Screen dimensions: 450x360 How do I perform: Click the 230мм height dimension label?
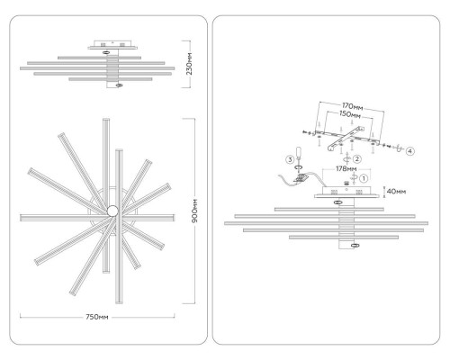click(x=189, y=64)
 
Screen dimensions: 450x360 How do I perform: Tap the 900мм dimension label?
click(x=194, y=211)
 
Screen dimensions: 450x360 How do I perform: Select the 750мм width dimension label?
click(x=97, y=317)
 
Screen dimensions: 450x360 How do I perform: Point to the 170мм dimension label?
click(x=353, y=106)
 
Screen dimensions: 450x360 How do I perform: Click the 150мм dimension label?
click(x=350, y=114)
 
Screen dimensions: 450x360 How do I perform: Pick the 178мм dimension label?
click(x=346, y=169)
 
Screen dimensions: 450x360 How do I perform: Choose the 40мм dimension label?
click(x=396, y=191)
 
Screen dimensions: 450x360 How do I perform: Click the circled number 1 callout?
click(x=364, y=178)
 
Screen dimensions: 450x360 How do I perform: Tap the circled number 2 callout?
click(x=357, y=159)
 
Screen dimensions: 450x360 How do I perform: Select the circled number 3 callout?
click(x=290, y=159)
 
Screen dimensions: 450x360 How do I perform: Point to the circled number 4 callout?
click(x=410, y=151)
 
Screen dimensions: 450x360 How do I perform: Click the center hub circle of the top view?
click(x=112, y=211)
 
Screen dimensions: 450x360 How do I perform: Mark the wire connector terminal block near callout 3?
click(x=301, y=178)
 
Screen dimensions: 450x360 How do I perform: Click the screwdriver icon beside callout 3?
click(x=299, y=153)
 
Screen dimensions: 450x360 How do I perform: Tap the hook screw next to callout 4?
click(x=399, y=148)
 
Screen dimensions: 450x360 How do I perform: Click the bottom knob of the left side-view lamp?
click(x=119, y=85)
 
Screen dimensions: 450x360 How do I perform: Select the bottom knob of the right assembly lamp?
click(x=355, y=246)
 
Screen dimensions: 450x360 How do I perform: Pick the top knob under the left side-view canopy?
click(x=105, y=52)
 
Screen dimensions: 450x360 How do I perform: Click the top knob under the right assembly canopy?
click(x=338, y=202)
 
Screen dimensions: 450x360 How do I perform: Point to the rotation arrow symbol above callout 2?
click(x=347, y=157)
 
